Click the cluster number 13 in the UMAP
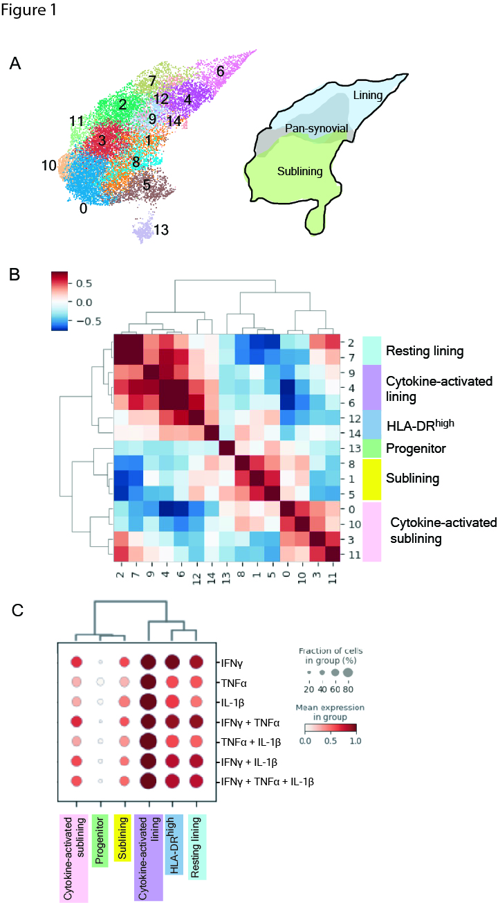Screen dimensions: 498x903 coord(161,230)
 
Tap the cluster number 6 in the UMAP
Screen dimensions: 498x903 coord(220,71)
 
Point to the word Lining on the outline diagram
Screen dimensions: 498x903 coord(367,96)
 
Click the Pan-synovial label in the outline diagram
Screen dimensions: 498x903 coord(316,128)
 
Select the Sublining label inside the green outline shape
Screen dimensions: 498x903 coord(300,171)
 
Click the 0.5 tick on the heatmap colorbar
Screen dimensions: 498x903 coord(84,283)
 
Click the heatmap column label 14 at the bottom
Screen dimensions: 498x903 coord(212,578)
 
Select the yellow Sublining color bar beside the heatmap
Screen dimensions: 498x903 coord(371,479)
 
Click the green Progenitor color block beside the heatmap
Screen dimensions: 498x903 coord(371,448)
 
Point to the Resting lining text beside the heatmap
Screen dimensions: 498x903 coord(425,351)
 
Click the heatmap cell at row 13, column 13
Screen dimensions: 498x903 coord(227,448)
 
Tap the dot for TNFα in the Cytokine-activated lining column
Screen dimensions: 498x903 coord(149,682)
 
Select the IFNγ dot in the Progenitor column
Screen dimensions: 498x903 coord(101,662)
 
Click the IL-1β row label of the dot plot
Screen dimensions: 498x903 coord(232,703)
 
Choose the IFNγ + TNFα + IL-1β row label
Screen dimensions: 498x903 coord(267,781)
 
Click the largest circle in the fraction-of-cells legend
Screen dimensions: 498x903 coord(348,672)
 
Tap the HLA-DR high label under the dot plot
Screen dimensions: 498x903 coord(174,844)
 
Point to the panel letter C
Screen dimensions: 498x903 coord(17,610)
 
